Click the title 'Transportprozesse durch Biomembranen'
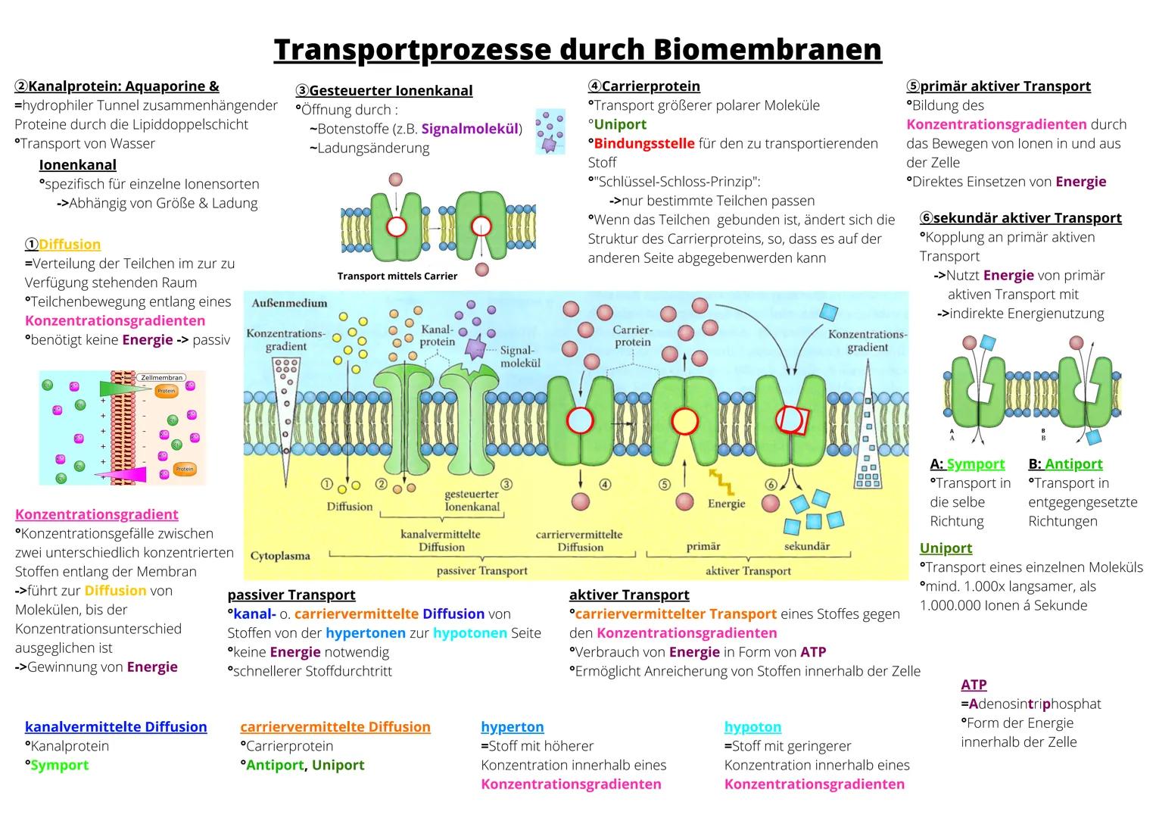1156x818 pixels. [578, 50]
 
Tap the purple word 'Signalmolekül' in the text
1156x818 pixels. [469, 129]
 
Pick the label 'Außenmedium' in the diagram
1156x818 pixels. [288, 303]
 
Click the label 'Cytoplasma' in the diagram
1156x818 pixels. [280, 555]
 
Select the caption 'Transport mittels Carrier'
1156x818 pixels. [397, 276]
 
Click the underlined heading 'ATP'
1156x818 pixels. [974, 685]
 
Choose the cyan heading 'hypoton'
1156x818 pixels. [752, 727]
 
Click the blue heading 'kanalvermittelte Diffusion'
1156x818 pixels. [116, 727]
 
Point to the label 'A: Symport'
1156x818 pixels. [967, 464]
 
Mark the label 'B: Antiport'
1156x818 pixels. [1065, 464]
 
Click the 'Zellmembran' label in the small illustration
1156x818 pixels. [162, 377]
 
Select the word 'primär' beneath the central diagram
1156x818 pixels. [703, 546]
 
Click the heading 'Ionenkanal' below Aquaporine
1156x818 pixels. [78, 165]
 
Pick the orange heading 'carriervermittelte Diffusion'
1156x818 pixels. [335, 727]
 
